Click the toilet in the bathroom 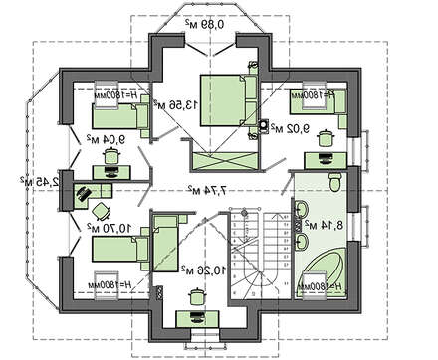(x=337, y=181)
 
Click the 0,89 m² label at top (x=208, y=23)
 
